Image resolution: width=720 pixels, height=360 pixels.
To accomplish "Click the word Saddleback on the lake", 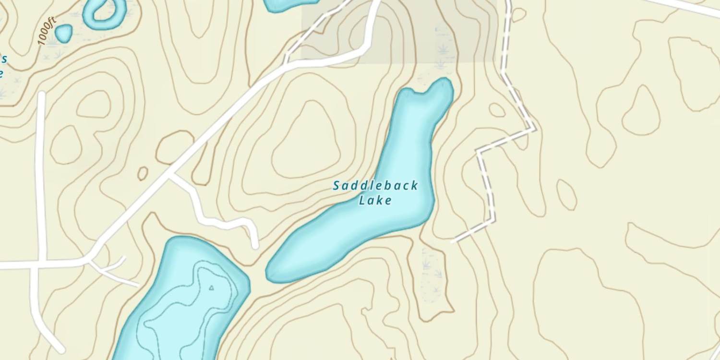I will click(375, 185).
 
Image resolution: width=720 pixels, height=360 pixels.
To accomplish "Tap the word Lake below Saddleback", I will click(375, 200).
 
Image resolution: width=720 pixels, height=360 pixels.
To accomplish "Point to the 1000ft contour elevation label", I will click(48, 31).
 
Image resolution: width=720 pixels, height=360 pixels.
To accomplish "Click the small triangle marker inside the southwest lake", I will click(211, 288).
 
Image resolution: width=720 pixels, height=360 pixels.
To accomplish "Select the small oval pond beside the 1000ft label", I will click(63, 33).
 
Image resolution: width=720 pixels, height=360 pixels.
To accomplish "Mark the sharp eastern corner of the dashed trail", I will click(535, 129).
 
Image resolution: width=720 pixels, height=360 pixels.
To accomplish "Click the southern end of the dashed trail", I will click(453, 241).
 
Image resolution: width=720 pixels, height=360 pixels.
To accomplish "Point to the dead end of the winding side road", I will click(255, 246).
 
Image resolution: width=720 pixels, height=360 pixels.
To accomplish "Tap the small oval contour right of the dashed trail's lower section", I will click(567, 194).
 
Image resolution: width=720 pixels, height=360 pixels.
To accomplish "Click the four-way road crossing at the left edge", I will click(36, 264).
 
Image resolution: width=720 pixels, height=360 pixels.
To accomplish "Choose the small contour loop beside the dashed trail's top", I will click(518, 14).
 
